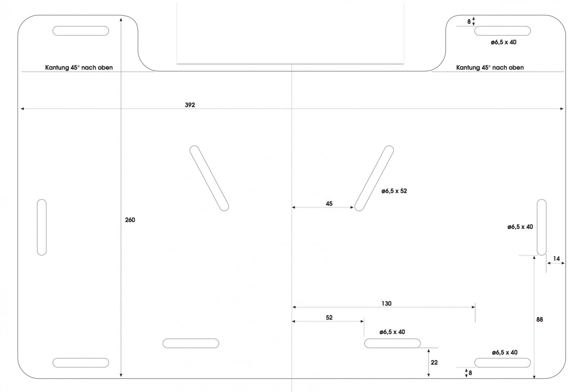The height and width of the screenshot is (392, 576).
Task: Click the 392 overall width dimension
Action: [x=190, y=105]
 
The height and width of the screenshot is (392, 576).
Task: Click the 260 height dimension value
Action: [x=130, y=220]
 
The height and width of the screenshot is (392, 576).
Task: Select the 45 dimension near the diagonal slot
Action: [x=329, y=203]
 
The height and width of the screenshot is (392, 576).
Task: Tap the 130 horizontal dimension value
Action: [x=386, y=303]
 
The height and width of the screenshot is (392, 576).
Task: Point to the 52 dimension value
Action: [x=329, y=317]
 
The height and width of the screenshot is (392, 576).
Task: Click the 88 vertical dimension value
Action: [x=539, y=319]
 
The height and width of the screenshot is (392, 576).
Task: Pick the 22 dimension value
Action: [x=434, y=362]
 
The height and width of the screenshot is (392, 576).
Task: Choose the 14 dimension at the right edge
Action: [x=556, y=258]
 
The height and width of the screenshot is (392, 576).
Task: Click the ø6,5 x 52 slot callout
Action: [x=394, y=191]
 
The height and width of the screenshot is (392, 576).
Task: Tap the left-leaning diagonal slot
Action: [x=209, y=178]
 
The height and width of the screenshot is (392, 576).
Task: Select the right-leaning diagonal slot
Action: [x=374, y=178]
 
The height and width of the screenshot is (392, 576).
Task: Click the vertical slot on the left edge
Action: [x=42, y=227]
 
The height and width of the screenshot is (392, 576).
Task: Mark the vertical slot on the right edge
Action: [x=541, y=227]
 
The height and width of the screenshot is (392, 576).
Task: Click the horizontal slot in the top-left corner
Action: [x=81, y=31]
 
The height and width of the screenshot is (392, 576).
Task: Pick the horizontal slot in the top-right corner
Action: [x=502, y=31]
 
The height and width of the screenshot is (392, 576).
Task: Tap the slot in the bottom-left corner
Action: [x=81, y=362]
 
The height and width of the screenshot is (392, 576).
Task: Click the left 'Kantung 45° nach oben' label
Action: [x=79, y=67]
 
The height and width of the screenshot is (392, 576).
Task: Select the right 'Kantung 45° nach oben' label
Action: [x=490, y=67]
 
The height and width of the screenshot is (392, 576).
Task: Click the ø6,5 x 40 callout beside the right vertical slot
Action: [x=520, y=227]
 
